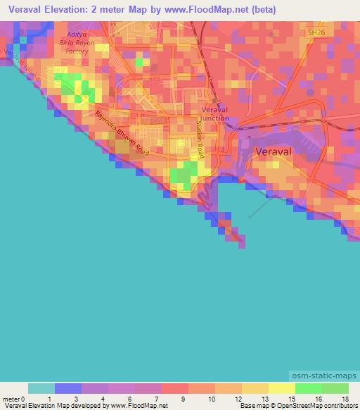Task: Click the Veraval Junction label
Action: click(x=215, y=115)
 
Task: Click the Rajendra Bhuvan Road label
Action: click(x=122, y=135)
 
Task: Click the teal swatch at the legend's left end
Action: click(x=41, y=388)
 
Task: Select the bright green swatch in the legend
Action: click(x=309, y=388)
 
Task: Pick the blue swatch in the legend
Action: click(x=68, y=388)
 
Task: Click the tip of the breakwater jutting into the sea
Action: click(x=243, y=245)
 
